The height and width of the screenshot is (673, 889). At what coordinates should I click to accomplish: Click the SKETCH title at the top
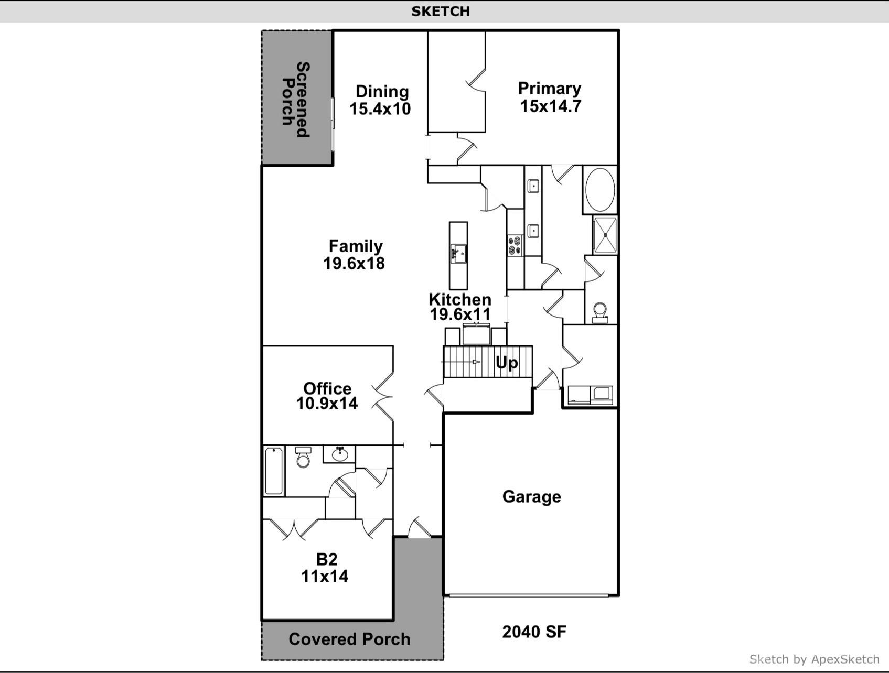pyautogui.click(x=441, y=11)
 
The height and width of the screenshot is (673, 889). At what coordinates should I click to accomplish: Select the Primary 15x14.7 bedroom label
pyautogui.click(x=550, y=97)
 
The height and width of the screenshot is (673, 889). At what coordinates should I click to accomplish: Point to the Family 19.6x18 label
pyautogui.click(x=355, y=254)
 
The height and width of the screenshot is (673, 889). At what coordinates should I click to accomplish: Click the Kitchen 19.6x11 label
pyautogui.click(x=460, y=307)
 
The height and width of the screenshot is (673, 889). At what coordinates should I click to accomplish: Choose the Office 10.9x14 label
pyautogui.click(x=327, y=396)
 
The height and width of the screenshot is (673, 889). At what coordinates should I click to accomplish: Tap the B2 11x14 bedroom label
pyautogui.click(x=325, y=568)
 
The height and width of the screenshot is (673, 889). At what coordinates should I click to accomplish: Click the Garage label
pyautogui.click(x=532, y=496)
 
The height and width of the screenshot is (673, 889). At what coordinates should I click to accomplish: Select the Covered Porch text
pyautogui.click(x=349, y=639)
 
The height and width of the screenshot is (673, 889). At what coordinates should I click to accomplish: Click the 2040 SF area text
pyautogui.click(x=534, y=632)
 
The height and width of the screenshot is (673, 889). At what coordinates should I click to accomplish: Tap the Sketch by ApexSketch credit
pyautogui.click(x=815, y=659)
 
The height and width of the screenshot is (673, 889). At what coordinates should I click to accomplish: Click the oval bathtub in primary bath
pyautogui.click(x=600, y=190)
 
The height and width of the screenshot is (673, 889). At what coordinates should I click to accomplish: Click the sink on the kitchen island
pyautogui.click(x=458, y=254)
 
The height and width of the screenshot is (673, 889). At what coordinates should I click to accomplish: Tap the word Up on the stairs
pyautogui.click(x=507, y=362)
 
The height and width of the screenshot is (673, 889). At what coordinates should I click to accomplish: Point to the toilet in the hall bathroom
pyautogui.click(x=303, y=457)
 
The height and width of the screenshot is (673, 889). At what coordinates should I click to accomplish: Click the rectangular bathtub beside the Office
pyautogui.click(x=274, y=471)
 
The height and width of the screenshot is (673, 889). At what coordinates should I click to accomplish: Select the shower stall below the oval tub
pyautogui.click(x=605, y=235)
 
